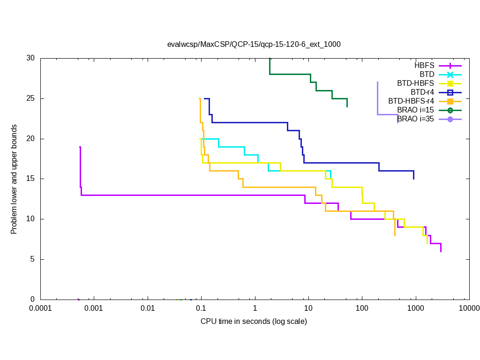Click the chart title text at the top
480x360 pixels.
pos(254,45)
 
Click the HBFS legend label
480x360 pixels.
pos(424,65)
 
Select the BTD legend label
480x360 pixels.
pos(427,74)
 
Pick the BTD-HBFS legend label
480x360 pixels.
pos(415,83)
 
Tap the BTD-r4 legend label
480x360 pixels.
pos(422,92)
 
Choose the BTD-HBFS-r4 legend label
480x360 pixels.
pos(411,101)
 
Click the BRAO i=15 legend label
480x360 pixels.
pos(415,110)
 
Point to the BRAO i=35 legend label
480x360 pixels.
pos(415,119)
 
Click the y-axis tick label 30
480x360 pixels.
pos(31,58)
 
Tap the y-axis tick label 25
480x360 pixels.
pos(31,98)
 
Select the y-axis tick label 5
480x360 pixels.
pos(33,259)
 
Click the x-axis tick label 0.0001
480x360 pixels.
pos(40,308)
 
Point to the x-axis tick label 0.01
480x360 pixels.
pos(148,308)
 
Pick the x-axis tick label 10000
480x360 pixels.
pos(469,308)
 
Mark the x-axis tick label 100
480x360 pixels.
pos(362,308)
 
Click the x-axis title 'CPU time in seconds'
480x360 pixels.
pos(254,322)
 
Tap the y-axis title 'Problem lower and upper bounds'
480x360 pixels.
pos(14,179)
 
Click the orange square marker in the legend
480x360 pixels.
pos(450,101)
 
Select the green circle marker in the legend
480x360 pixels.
pos(450,110)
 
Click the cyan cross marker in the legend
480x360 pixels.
pos(450,75)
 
